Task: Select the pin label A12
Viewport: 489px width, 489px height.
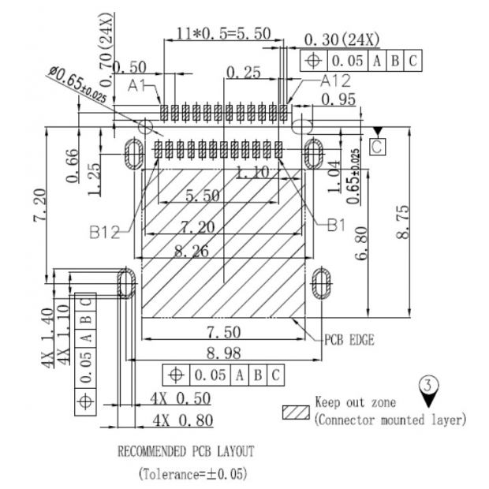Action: click(335, 80)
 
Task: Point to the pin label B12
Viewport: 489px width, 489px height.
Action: click(104, 232)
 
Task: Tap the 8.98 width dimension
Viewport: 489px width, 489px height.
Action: click(222, 352)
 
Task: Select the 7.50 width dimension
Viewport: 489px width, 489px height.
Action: click(222, 331)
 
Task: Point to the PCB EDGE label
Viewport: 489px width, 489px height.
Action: click(349, 340)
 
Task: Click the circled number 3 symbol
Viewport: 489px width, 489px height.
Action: click(429, 386)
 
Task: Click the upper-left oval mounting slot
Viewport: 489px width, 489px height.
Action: click(133, 152)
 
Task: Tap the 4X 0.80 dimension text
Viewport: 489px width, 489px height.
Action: click(184, 419)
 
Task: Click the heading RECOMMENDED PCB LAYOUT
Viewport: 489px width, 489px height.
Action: click(185, 452)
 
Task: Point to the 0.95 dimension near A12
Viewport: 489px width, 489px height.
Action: click(338, 99)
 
